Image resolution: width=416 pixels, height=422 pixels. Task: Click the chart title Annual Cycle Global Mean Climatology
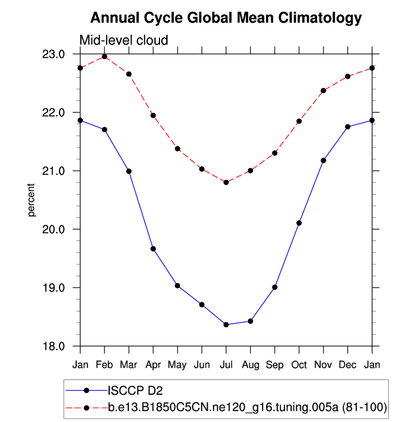(x=226, y=18)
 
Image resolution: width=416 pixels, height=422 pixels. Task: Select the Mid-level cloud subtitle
(x=124, y=40)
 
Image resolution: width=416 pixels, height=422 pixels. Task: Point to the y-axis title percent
(x=32, y=200)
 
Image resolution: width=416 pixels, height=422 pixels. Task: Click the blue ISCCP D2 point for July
(x=226, y=324)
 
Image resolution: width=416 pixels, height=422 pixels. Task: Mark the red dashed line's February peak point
(x=104, y=57)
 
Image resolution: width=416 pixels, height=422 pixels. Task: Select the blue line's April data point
(x=153, y=248)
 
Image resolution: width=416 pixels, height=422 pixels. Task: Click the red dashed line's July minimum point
(x=226, y=182)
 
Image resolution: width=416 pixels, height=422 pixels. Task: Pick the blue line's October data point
(x=299, y=223)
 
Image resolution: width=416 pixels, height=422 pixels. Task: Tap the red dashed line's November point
(x=323, y=90)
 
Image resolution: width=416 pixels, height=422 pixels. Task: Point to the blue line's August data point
(x=250, y=321)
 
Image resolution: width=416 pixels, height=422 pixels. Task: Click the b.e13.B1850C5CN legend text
(x=247, y=407)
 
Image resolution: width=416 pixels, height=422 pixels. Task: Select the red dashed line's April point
(x=153, y=116)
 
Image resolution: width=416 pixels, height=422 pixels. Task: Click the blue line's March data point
(x=129, y=171)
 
